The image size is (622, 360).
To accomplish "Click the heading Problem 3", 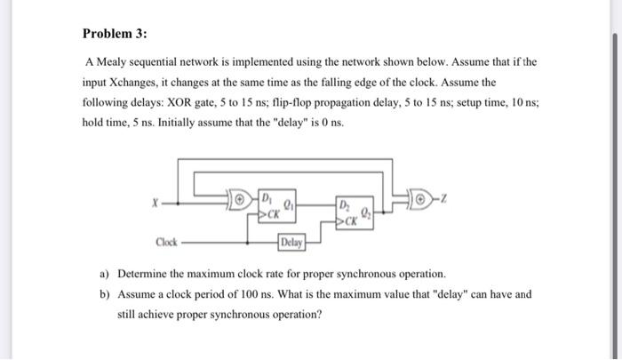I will tap(116, 34).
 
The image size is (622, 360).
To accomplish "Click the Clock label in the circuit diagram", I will tap(166, 241).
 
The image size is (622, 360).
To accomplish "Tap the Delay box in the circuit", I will tap(291, 242).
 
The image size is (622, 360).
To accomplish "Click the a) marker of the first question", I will tap(104, 273).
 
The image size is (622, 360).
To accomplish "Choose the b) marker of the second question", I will tap(104, 292).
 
